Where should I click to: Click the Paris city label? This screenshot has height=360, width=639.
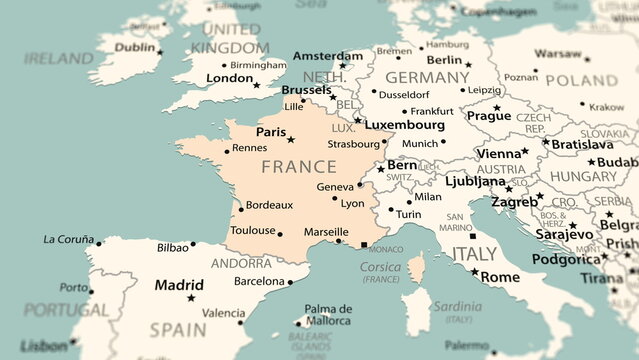[x=270, y=131]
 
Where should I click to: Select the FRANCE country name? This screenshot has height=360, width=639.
[x=298, y=166]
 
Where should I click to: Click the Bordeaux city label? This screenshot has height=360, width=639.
[x=269, y=204]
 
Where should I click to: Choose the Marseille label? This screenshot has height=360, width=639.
[x=326, y=231]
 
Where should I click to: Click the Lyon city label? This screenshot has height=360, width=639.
[x=352, y=203]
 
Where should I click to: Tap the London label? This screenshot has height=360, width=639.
[x=229, y=78]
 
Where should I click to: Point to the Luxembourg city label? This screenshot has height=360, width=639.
[x=404, y=125]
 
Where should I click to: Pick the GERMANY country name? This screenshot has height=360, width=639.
[x=427, y=77]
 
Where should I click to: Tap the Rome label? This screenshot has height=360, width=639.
[x=501, y=276]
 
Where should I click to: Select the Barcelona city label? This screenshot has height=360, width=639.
[x=258, y=281]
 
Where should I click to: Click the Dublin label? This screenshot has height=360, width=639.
[x=135, y=47]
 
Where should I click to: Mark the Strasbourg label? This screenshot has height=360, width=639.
[x=353, y=143]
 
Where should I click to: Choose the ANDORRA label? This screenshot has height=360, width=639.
[x=243, y=263]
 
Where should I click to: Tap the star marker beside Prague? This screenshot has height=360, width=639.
[x=497, y=107]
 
